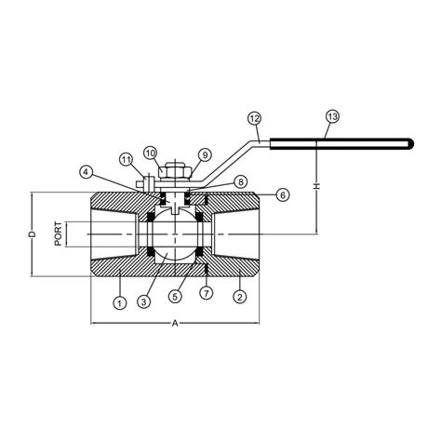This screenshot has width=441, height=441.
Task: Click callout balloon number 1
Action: [118, 301]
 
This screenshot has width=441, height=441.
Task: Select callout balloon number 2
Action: [239, 298]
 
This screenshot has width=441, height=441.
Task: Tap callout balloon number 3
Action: [143, 301]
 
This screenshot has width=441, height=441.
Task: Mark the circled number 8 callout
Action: [239, 181]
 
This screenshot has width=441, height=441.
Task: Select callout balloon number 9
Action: [204, 154]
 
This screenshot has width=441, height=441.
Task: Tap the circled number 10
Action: [151, 152]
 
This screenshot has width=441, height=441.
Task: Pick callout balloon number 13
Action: [332, 116]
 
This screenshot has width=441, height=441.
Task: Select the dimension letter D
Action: [30, 234]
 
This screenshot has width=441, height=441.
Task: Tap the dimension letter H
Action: [318, 187]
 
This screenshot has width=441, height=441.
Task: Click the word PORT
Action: [59, 234]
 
